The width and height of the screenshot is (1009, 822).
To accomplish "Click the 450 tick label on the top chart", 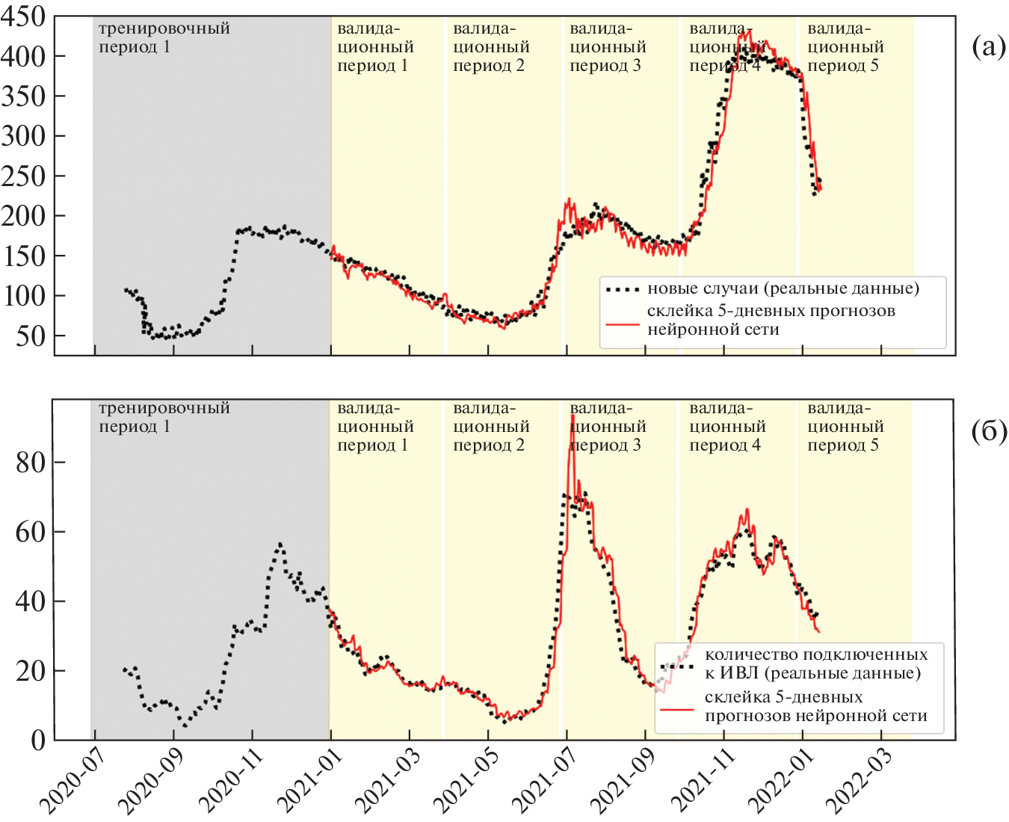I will pos(22,16).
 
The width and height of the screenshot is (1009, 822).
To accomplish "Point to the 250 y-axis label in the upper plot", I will pos(22,176).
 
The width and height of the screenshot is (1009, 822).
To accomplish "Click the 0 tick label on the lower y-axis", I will pos(37,740).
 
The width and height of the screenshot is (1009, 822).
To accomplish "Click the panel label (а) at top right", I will pos(988,46).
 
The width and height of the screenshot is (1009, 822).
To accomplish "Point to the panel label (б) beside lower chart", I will pos(988,431).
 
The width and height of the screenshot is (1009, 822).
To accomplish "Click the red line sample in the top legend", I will pos(622,325).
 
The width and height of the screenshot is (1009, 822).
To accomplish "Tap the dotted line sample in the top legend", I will pos(622,288).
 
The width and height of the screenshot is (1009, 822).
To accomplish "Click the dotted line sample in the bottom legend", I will pos(677,665).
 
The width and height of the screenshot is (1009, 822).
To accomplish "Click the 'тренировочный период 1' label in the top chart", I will pos(164,37).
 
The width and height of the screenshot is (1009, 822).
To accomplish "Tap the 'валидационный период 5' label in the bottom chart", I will pos(845,427).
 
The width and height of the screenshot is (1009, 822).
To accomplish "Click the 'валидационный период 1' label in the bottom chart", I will pos(374,427).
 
